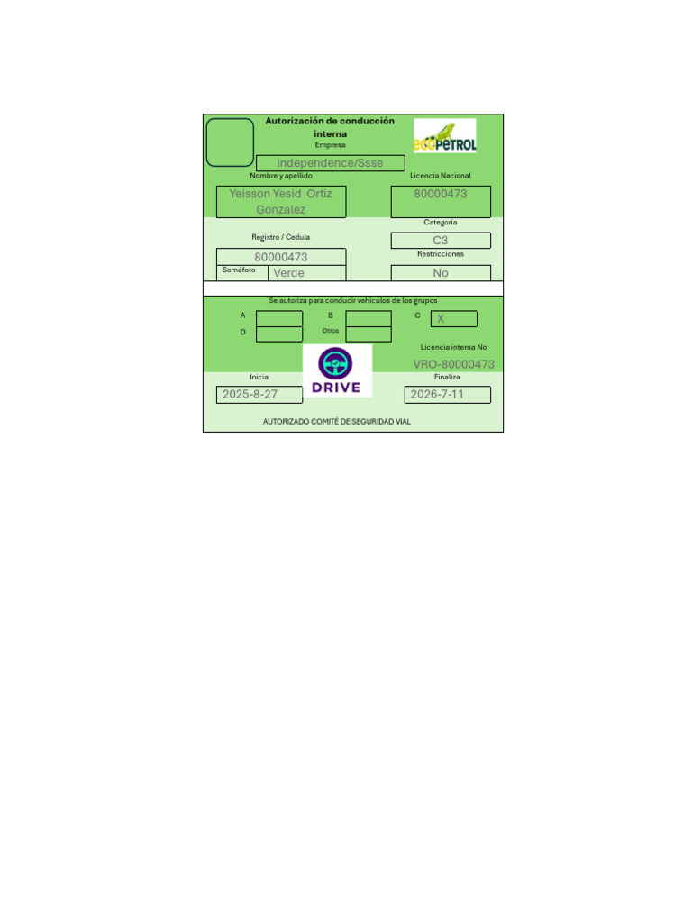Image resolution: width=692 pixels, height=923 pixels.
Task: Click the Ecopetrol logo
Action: [445, 136]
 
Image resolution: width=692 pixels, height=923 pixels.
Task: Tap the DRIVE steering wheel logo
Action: [336, 371]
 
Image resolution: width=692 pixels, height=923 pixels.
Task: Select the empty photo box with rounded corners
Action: [230, 142]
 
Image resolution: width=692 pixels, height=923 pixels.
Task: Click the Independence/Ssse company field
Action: [330, 163]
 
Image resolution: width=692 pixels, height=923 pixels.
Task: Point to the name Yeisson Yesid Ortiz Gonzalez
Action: [280, 202]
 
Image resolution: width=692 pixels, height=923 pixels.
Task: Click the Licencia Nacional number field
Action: [441, 201]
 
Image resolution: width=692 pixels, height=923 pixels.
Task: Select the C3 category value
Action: [441, 241]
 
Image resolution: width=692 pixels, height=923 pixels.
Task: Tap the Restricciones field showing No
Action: [441, 273]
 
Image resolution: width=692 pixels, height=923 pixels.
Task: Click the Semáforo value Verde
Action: [289, 273]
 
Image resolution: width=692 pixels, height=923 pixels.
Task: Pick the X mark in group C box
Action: [441, 319]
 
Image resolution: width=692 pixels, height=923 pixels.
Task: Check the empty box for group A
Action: [279, 318]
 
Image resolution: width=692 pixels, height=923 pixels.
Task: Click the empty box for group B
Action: [369, 318]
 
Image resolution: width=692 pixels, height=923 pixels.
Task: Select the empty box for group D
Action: [279, 334]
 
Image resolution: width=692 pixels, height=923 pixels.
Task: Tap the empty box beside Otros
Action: [369, 334]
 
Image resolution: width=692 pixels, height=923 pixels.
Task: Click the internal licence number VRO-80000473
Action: [453, 364]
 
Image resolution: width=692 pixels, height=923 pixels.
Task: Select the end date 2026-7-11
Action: [437, 395]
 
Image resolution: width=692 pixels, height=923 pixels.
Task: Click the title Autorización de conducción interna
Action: [330, 127]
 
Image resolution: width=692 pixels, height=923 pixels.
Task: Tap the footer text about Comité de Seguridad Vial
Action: [336, 421]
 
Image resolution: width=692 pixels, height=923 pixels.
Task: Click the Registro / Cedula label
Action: [280, 237]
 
